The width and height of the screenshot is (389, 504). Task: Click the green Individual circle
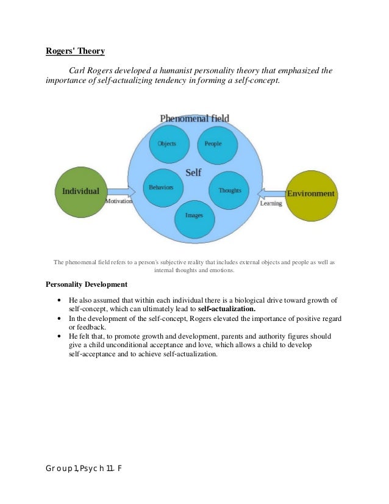tap(80, 190)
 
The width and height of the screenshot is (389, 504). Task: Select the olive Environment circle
tap(311, 194)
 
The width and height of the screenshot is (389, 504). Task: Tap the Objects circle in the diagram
tap(167, 144)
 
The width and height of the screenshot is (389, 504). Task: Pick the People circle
tap(213, 144)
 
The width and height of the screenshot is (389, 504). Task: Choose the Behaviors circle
tap(162, 187)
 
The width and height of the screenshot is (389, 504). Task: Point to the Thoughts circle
tap(229, 190)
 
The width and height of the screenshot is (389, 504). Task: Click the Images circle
tap(194, 216)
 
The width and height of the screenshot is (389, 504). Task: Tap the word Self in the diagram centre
tap(193, 173)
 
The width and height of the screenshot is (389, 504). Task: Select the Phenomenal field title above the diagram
tap(194, 118)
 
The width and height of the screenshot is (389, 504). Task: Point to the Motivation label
tap(119, 201)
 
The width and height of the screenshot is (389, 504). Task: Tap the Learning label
tap(271, 204)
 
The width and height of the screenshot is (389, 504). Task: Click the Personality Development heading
tap(87, 284)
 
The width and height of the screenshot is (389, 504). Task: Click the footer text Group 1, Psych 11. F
tap(83, 468)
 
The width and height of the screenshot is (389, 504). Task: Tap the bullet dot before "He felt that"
tap(58, 336)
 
